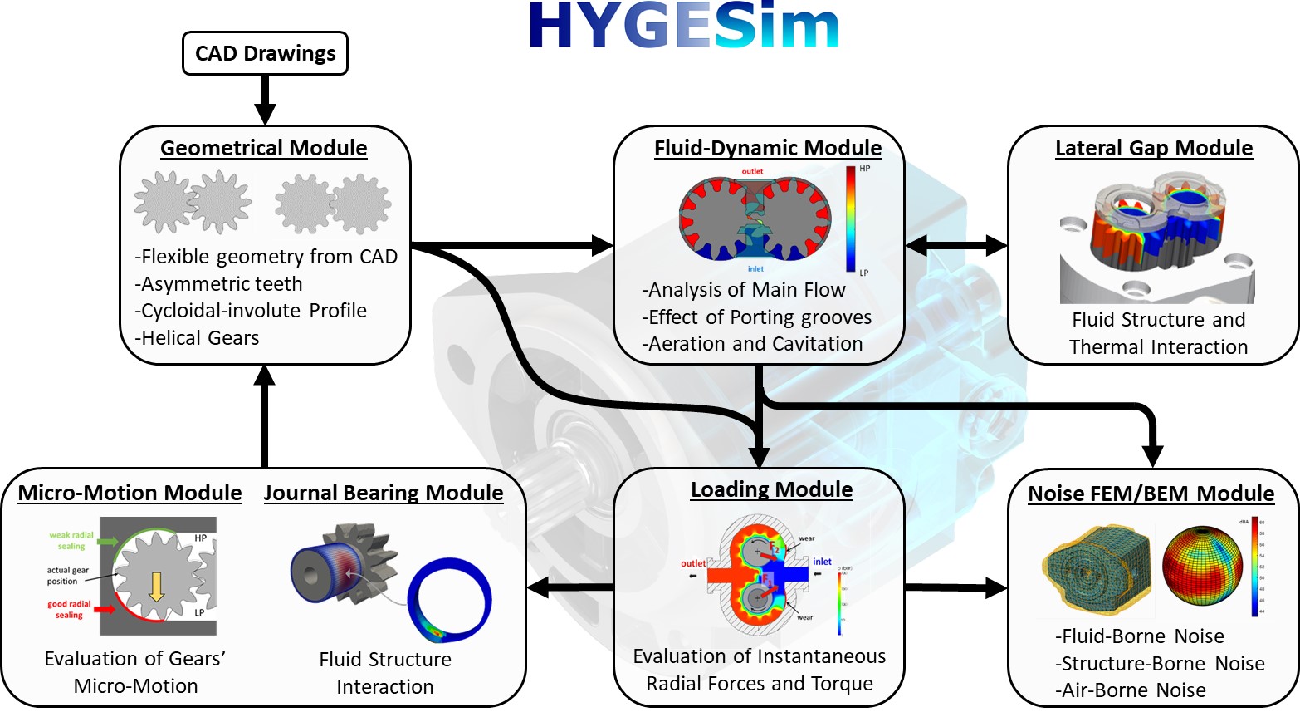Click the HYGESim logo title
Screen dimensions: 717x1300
tap(684, 26)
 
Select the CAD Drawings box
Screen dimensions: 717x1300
tap(265, 54)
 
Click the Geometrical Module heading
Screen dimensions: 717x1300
tap(264, 148)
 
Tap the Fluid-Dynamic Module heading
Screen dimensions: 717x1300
tap(768, 148)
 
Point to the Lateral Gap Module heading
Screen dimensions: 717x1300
tap(1154, 148)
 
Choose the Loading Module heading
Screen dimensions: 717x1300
tap(771, 489)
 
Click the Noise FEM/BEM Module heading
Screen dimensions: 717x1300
tap(1151, 494)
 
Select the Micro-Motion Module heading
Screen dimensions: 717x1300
tap(130, 493)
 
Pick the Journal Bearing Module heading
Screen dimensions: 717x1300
tap(384, 493)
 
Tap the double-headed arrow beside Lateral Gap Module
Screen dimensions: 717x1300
tap(955, 245)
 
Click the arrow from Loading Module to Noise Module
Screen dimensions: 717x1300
tap(955, 588)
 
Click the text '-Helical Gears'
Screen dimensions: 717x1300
tap(197, 338)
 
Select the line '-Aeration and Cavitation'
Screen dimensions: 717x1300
tap(752, 344)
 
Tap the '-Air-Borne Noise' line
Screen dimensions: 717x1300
tap(1131, 690)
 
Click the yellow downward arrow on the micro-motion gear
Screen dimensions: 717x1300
tap(156, 587)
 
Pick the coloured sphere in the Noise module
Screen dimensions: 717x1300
tap(1201, 567)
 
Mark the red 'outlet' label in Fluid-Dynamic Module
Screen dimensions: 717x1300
tap(752, 172)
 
